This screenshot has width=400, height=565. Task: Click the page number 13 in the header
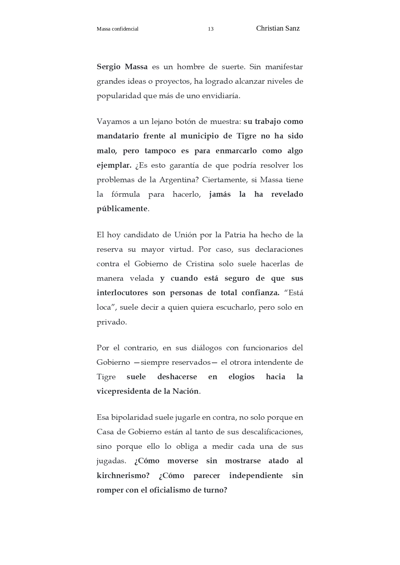210,29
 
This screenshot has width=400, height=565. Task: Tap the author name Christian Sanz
278,28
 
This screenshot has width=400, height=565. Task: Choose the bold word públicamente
122,209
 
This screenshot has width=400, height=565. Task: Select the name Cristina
200,264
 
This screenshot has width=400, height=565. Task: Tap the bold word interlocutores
122,293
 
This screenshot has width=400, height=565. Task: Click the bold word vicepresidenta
123,391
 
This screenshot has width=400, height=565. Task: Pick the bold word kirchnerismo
123,476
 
